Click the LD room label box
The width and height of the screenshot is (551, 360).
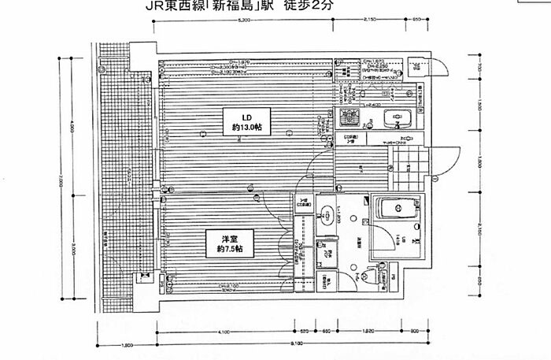(x=236, y=119)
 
